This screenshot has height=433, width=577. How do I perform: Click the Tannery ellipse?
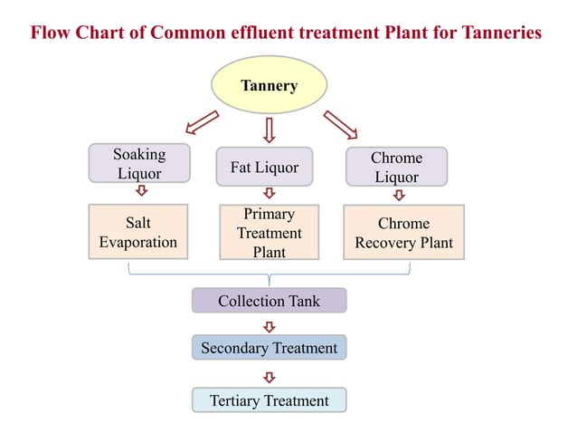tap(269, 86)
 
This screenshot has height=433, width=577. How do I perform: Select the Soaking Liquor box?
tap(139, 163)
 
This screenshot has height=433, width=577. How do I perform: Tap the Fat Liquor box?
tap(264, 168)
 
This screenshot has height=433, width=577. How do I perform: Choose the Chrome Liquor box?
tap(396, 168)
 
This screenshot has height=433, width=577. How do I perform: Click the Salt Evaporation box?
tap(138, 232)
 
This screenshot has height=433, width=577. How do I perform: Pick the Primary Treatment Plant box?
tap(269, 233)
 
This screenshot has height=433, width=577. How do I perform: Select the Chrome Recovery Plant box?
tap(403, 232)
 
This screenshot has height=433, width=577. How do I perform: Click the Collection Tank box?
tap(269, 301)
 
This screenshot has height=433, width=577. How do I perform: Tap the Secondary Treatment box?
tap(269, 348)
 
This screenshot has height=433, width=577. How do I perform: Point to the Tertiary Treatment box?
tap(269, 400)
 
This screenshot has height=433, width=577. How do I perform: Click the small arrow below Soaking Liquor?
tap(141, 190)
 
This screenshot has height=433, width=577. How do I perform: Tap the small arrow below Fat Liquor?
tap(269, 193)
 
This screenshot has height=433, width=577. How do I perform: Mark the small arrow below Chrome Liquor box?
tap(399, 194)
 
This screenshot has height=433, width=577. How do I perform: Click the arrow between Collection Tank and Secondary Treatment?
tap(269, 325)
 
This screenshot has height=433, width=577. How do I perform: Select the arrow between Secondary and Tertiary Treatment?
tap(269, 375)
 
